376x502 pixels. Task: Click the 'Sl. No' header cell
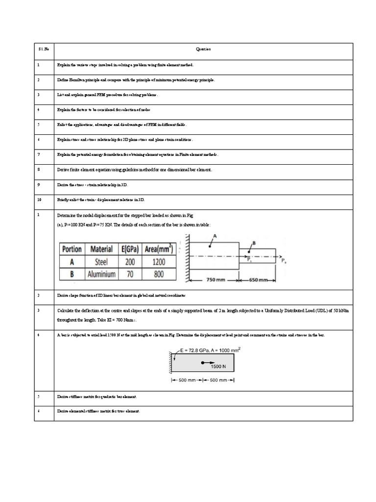coord(43,49)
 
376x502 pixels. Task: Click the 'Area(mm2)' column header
coord(159,249)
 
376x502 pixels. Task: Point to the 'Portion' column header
coord(71,249)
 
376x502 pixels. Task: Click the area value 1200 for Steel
coord(159,262)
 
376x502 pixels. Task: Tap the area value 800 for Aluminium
coord(159,274)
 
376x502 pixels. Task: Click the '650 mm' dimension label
coord(257,280)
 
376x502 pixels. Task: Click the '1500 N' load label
coord(219,366)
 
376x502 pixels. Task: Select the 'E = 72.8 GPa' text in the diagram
coord(193,351)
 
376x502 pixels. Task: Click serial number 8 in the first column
coord(38,169)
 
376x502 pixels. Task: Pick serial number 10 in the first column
coord(39,200)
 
